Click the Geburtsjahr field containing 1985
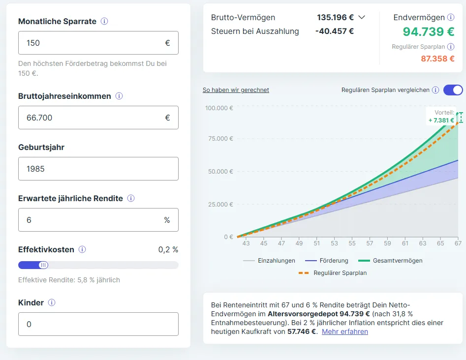point(98,169)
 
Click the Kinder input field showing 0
point(98,324)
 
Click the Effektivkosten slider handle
point(43,265)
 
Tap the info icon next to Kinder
point(52,302)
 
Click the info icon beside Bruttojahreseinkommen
point(119,96)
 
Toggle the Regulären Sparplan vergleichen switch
point(453,90)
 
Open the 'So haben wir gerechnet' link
point(236,90)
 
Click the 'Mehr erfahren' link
point(345,331)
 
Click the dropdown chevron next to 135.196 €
point(362,17)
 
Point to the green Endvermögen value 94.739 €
point(428,32)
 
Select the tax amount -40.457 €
point(334,31)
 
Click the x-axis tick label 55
point(352,243)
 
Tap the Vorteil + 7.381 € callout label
point(441,117)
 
